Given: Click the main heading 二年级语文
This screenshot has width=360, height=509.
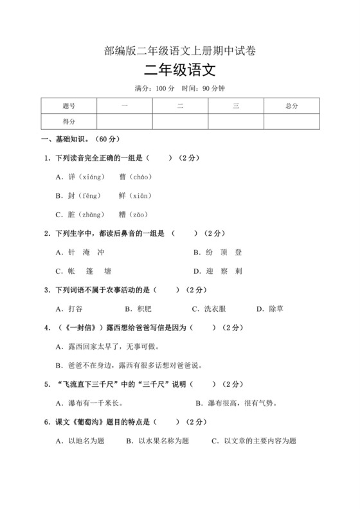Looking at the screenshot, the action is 179,70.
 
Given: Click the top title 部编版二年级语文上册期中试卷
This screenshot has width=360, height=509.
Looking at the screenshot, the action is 179,50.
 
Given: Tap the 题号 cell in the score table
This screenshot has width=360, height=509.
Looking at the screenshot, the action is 69,105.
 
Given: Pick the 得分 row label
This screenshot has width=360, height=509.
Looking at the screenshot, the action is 69,121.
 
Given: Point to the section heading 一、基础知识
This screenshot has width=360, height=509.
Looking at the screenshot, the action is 76,139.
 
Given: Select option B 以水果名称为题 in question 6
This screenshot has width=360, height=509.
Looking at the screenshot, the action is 154,441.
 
